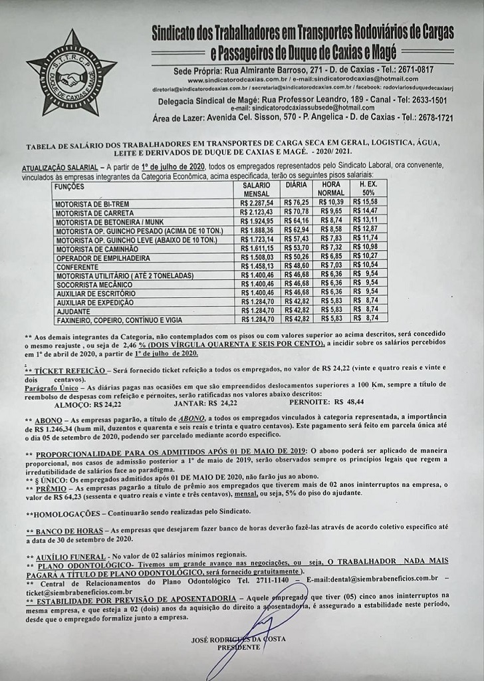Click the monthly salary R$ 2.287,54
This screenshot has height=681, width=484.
(257, 202)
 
